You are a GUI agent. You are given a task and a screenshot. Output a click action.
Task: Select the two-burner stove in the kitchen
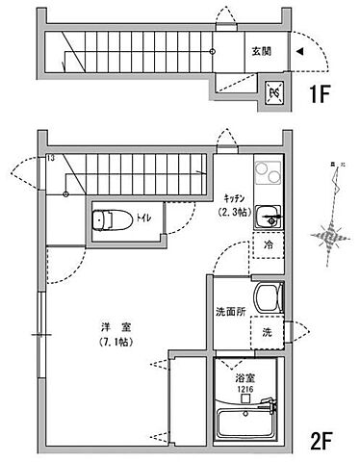[268, 175]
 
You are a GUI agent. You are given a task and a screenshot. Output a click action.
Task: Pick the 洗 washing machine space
[267, 332]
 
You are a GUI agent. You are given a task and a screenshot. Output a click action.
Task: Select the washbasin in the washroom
[266, 295]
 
